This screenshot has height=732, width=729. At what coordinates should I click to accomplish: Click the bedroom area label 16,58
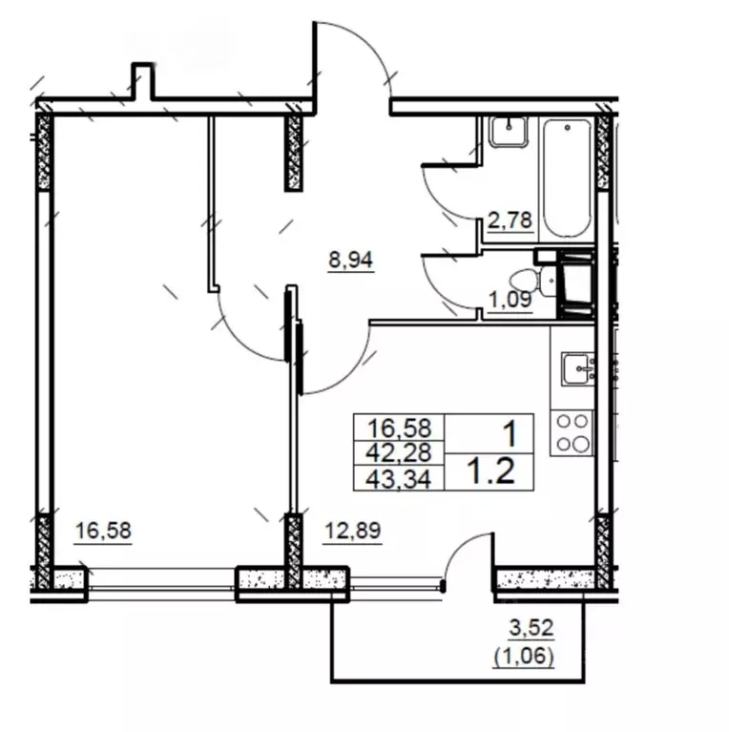103,531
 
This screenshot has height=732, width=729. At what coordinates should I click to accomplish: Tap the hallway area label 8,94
351,260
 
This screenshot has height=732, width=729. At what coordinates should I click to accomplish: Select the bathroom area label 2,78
510,220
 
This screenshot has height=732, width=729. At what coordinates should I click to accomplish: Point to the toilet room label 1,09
510,299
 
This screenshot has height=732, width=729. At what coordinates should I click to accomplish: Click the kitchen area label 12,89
353,531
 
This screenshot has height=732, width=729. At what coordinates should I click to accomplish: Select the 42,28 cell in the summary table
399,452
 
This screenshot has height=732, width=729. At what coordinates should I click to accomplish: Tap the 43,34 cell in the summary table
399,477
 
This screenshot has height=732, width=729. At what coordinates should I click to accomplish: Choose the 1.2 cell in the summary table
489,471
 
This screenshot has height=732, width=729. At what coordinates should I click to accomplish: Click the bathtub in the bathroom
567,178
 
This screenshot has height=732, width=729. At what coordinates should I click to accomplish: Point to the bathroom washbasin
509,132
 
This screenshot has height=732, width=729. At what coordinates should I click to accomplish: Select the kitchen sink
578,368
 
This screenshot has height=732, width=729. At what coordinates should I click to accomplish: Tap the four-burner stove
573,433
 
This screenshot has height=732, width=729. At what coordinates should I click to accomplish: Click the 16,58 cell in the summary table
399,428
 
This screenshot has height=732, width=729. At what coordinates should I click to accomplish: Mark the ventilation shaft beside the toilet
577,284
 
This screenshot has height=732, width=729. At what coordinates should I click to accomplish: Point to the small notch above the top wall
142,81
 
